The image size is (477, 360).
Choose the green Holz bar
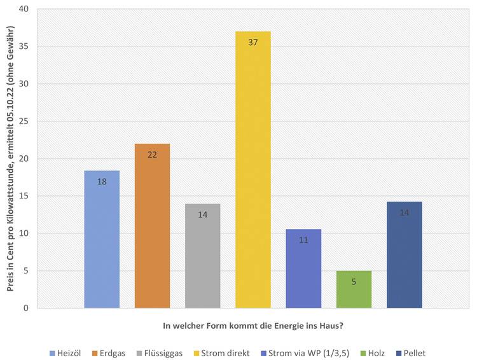[354, 289]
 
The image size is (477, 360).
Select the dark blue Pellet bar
[404, 255]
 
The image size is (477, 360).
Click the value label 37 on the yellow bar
[253, 42]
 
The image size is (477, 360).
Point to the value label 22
[152, 155]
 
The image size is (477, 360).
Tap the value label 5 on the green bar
[354, 281]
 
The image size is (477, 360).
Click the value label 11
[303, 240]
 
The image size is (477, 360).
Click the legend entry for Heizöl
[66, 352]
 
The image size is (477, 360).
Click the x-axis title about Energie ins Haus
[254, 326]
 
